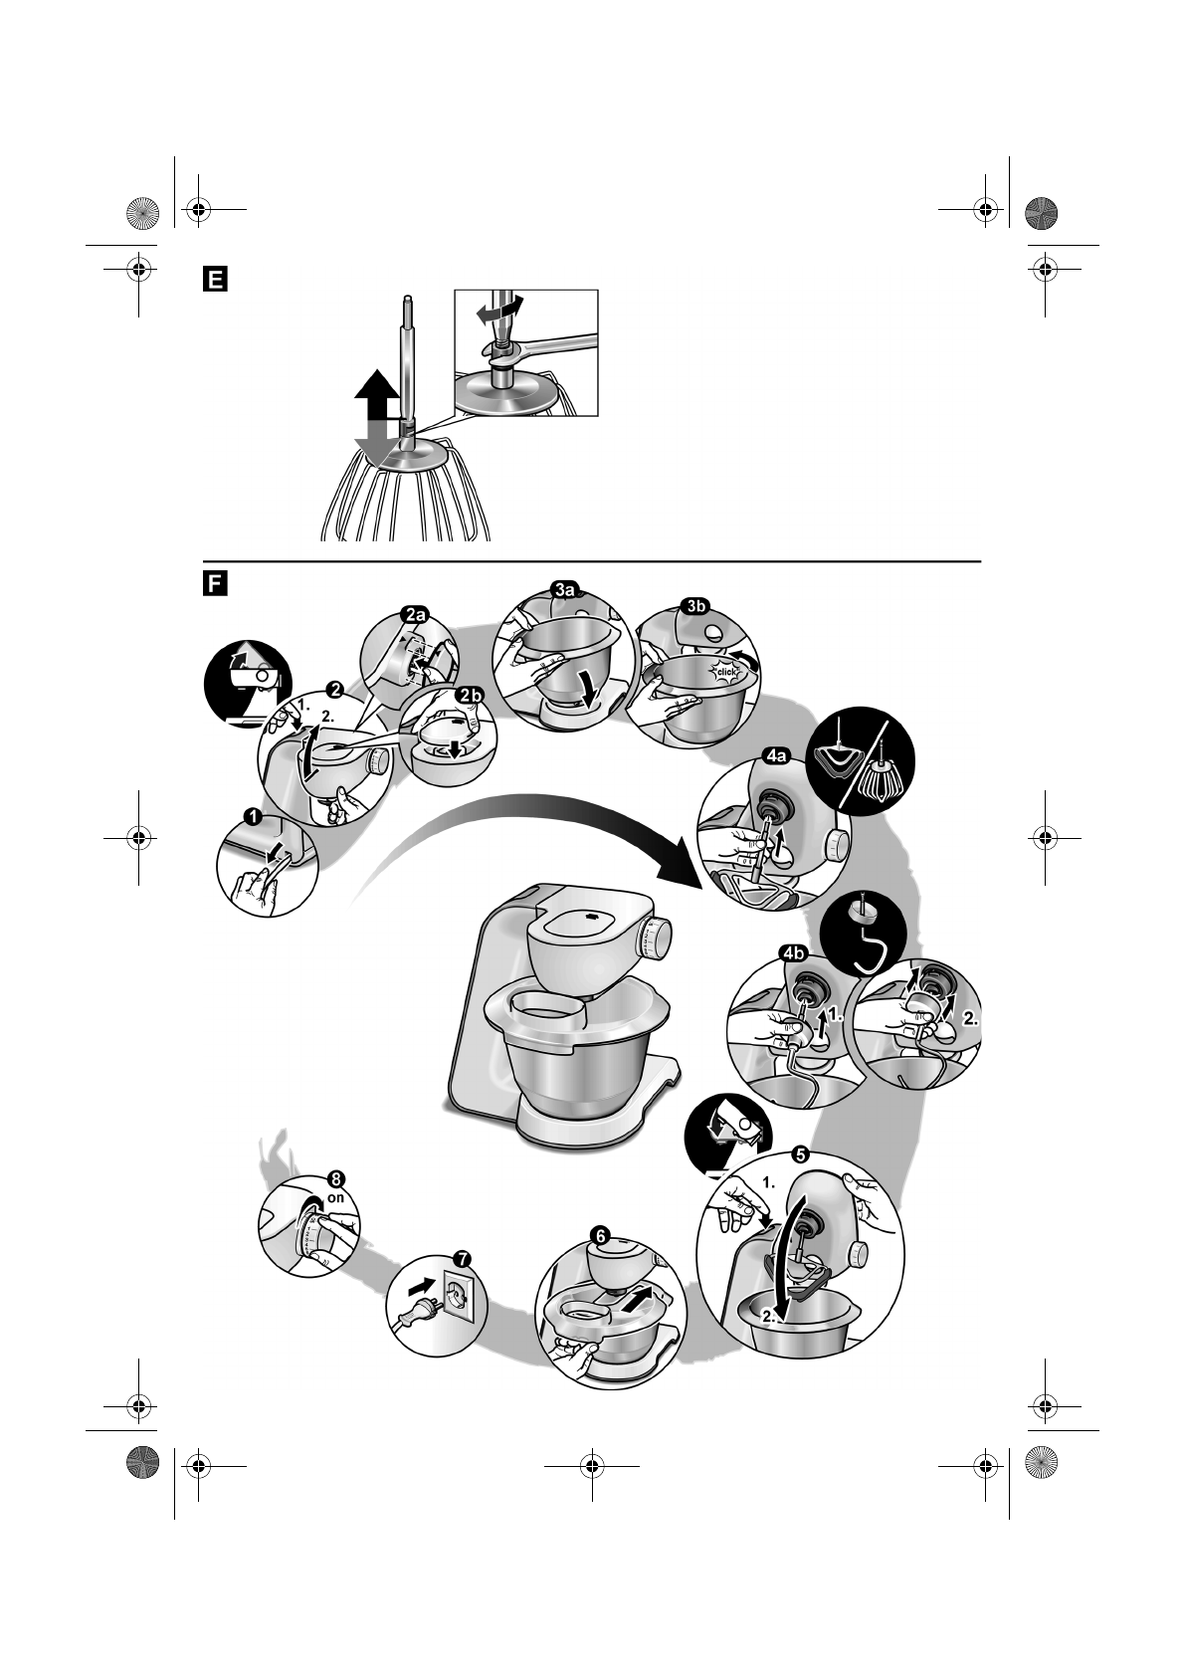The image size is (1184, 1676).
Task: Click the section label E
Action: pos(212,278)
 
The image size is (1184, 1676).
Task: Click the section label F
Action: pos(212,582)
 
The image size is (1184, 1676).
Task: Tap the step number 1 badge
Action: pos(253,817)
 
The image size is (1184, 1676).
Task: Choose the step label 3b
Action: pos(693,604)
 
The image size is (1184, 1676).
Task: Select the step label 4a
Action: pos(775,757)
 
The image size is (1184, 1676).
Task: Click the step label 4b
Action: pos(793,953)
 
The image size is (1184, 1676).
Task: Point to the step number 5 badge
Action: pos(799,1155)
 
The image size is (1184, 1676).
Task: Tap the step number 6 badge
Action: pos(599,1235)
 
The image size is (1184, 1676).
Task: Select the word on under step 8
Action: pos(335,1198)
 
